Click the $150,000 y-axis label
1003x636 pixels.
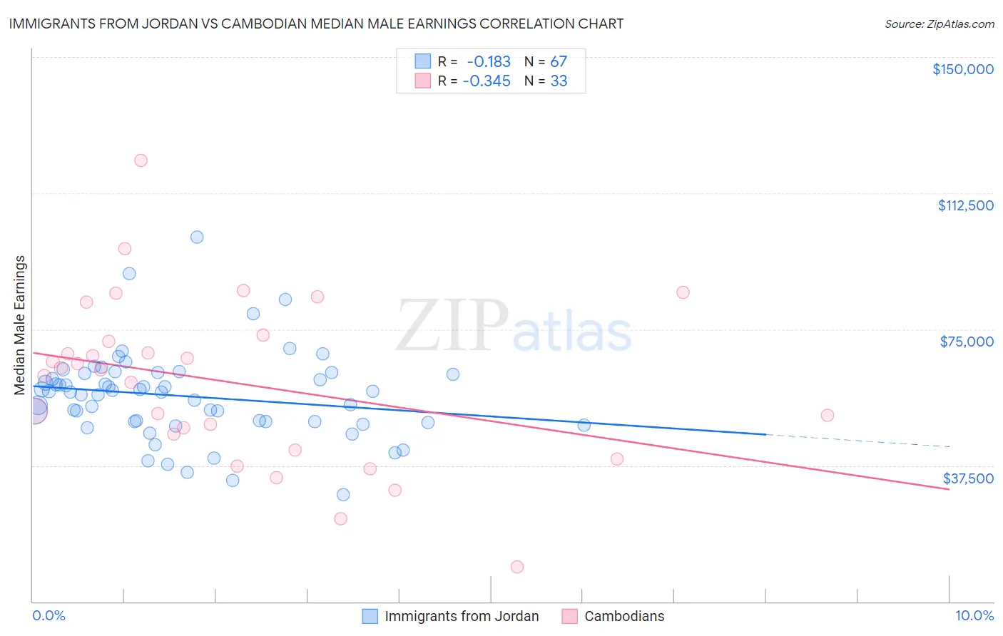[x=962, y=69]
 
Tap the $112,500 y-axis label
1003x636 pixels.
[x=965, y=205]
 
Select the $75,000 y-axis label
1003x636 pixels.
[x=967, y=342]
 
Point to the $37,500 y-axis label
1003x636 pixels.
[x=968, y=478]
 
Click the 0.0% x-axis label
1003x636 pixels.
[x=49, y=616]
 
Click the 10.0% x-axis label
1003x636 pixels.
[x=974, y=616]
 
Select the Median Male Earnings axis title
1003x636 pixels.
[x=20, y=325]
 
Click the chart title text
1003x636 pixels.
[x=316, y=24]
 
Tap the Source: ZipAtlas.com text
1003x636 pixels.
[x=939, y=24]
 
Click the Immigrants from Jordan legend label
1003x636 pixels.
[x=462, y=617]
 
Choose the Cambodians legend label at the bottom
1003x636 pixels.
[x=624, y=617]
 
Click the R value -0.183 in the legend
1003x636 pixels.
[x=489, y=62]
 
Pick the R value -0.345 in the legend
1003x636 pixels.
[x=487, y=81]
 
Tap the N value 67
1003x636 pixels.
[x=559, y=62]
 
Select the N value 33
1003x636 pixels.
[x=559, y=81]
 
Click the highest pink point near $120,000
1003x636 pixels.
[x=141, y=160]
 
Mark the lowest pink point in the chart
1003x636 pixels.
[x=517, y=567]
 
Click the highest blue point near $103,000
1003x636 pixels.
[x=197, y=237]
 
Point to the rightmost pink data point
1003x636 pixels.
[x=828, y=415]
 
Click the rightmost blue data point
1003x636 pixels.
[x=584, y=425]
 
